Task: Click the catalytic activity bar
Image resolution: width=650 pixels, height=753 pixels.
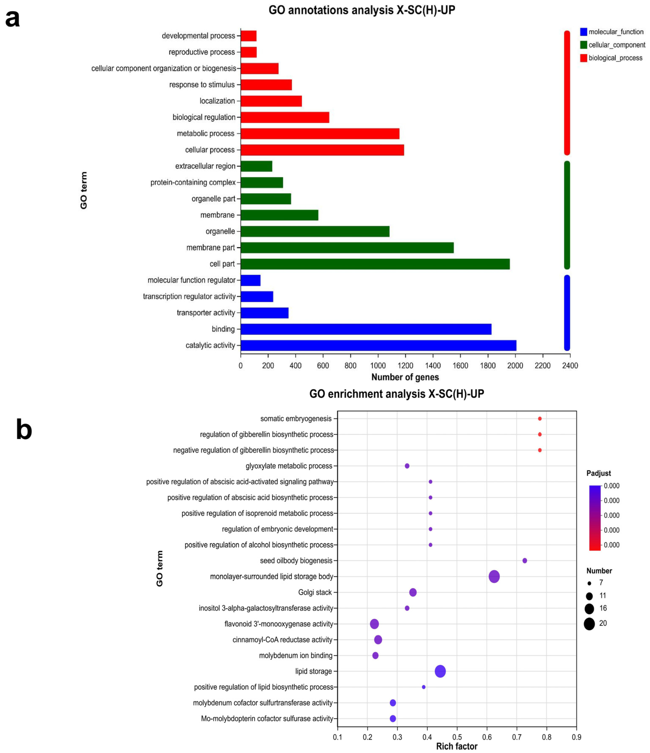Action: click(x=378, y=345)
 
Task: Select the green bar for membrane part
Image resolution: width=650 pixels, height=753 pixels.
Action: click(x=347, y=248)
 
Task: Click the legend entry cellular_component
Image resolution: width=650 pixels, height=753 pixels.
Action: click(x=617, y=45)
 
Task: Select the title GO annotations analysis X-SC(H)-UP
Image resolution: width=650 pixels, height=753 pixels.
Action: click(x=362, y=10)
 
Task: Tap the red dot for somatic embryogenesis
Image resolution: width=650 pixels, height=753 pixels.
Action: click(x=540, y=419)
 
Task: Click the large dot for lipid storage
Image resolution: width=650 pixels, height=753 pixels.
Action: click(x=440, y=671)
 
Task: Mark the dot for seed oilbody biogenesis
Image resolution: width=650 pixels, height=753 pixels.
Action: click(x=525, y=561)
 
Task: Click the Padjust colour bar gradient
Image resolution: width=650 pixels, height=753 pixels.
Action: click(x=594, y=518)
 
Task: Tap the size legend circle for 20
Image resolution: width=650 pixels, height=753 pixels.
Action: click(x=589, y=624)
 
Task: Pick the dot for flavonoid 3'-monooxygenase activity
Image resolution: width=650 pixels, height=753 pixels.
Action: click(x=374, y=624)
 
